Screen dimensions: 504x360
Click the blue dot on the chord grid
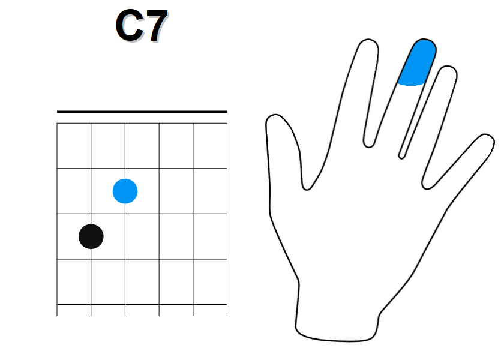pos(125,191)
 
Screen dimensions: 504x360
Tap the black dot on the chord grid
pos(91,236)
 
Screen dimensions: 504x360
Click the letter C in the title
pos(129,25)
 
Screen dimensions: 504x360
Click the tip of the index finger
pos(368,40)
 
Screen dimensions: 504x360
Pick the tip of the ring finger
pos(448,67)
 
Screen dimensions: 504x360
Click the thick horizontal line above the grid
pos(142,112)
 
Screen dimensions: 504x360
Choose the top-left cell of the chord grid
pos(74,146)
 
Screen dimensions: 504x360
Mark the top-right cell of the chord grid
pos(210,146)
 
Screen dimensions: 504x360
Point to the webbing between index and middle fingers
pos(368,146)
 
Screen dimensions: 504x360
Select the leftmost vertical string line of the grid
pos(57,219)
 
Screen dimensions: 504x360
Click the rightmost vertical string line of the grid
pos(227,219)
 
